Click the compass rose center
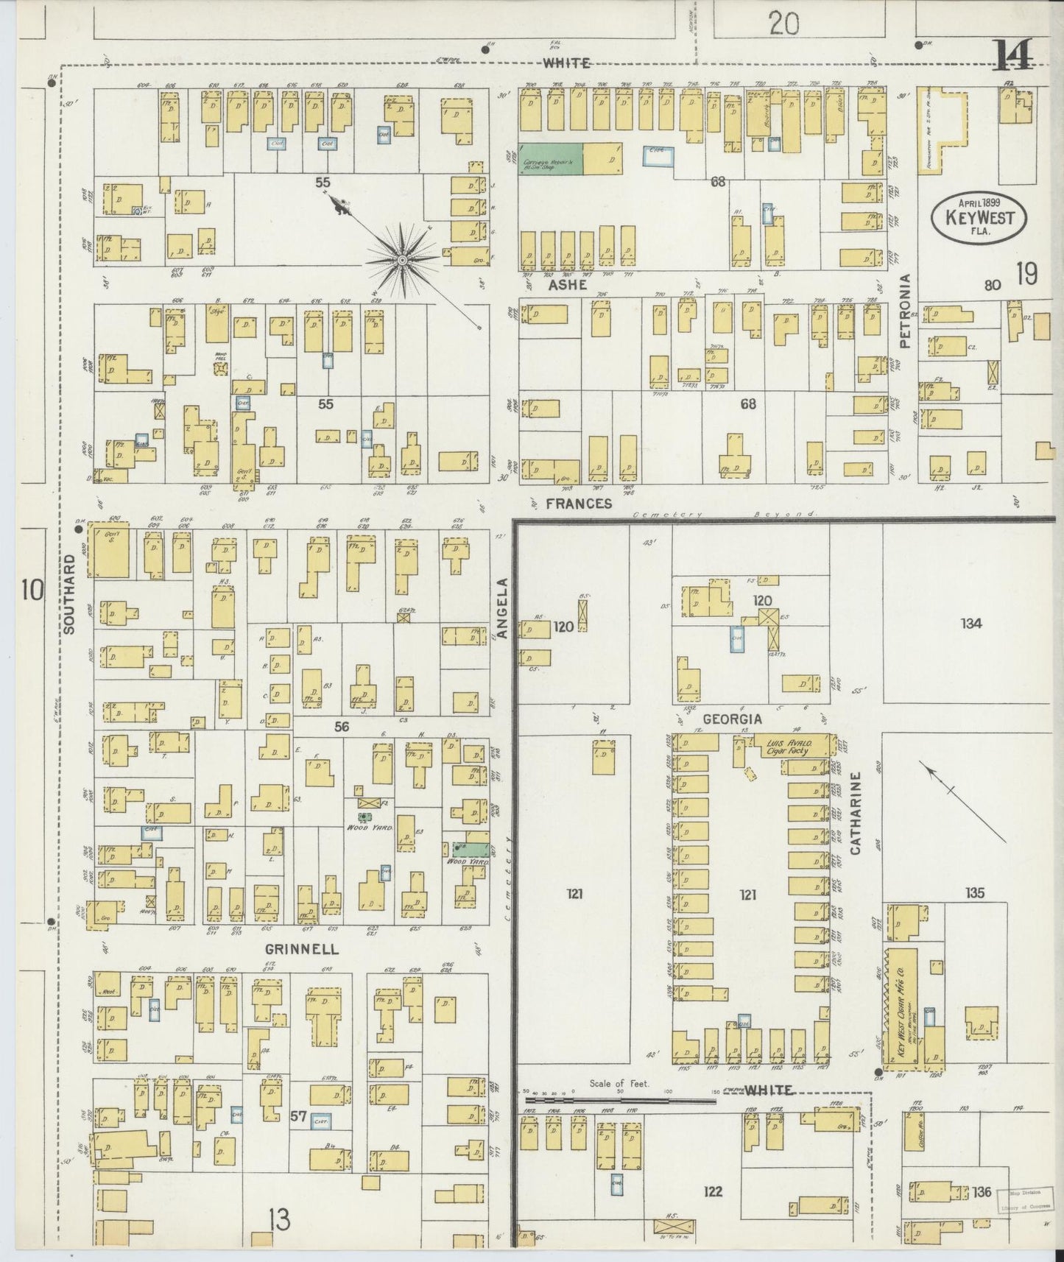(403, 261)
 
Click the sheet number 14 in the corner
(1012, 55)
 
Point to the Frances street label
(580, 504)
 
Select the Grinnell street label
(302, 949)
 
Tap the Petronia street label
(905, 311)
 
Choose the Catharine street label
(856, 813)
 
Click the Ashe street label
(567, 284)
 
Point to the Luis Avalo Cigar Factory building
(788, 747)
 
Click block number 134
(970, 624)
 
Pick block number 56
(341, 727)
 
